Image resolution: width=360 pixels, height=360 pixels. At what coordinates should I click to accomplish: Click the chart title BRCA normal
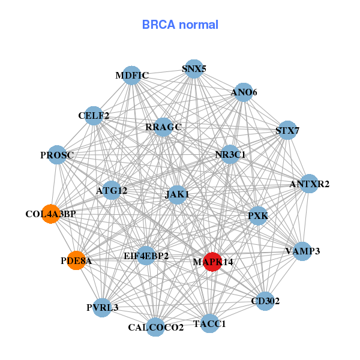[180, 25]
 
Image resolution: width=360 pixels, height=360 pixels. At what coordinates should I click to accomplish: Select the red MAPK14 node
[212, 262]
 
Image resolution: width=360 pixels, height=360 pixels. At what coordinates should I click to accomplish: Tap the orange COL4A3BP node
[51, 214]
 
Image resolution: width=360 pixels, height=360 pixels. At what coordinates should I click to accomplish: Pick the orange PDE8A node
[76, 260]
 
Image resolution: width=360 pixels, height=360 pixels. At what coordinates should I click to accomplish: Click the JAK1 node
[177, 194]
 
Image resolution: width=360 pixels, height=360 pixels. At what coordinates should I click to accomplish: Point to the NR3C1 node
[230, 154]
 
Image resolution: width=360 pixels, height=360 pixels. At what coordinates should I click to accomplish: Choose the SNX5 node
[193, 69]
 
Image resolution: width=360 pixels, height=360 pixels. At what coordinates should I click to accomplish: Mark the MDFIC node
[131, 76]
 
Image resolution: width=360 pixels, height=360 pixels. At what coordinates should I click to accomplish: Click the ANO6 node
[243, 92]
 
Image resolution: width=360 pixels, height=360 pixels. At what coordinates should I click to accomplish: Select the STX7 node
[287, 130]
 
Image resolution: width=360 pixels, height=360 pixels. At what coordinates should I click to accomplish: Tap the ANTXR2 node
[308, 184]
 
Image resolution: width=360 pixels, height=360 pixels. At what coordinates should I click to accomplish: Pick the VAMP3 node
[302, 251]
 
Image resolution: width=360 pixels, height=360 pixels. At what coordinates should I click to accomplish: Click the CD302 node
[265, 301]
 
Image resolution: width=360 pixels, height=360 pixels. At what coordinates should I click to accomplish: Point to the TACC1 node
[209, 323]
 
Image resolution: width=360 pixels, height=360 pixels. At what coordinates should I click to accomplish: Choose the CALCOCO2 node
[155, 327]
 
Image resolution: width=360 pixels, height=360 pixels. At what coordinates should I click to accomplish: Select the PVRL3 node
[102, 307]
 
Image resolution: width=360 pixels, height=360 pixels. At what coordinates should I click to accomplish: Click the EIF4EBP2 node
[146, 256]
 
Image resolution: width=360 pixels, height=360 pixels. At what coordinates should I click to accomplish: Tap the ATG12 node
[112, 191]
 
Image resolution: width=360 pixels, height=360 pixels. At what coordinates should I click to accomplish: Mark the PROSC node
[57, 155]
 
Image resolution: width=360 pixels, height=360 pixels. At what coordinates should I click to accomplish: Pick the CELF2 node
[94, 115]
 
